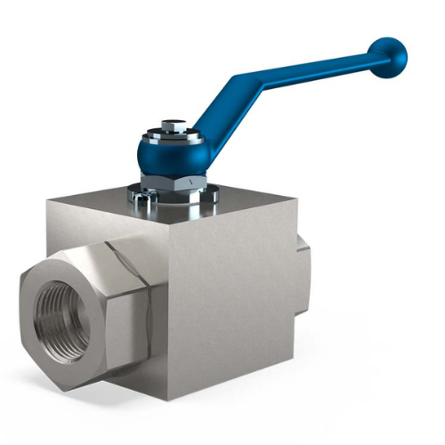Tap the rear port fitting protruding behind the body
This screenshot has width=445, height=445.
303,267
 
